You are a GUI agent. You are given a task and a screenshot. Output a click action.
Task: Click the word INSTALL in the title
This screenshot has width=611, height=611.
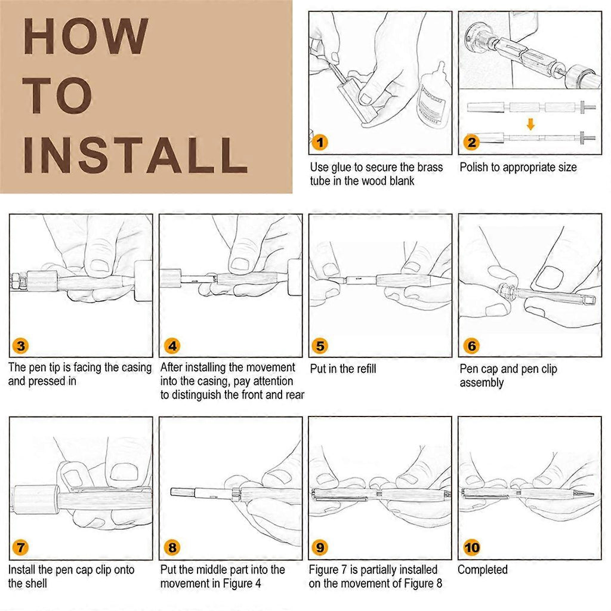coord(135,155)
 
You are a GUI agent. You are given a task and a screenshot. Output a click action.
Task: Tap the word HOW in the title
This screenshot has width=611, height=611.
coord(86,36)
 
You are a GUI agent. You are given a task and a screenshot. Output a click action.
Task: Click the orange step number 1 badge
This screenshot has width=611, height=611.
coord(320,142)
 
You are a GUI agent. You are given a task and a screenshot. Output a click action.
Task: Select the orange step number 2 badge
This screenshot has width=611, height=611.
coord(471,142)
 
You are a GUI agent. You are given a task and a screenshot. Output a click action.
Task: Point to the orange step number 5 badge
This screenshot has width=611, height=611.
coord(320,345)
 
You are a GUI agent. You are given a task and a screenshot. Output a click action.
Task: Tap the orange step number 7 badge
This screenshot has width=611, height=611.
coord(21,548)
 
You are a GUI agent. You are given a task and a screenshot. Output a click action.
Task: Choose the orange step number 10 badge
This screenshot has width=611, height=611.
coord(471,548)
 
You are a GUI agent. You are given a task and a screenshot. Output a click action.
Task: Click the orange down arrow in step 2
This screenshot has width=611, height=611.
coord(530,124)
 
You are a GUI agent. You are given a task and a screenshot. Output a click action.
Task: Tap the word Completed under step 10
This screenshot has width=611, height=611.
coord(482,570)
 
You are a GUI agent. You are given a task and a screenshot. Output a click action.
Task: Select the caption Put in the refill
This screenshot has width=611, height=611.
coord(343,369)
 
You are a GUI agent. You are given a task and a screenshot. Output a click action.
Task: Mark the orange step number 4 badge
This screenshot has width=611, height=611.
coord(172,345)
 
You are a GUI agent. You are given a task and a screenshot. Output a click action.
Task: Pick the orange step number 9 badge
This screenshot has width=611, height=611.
coord(320,548)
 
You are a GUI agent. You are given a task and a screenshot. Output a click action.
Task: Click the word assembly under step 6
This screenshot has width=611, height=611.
coord(482,382)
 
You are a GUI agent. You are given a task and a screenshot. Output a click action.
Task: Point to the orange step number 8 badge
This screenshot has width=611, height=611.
coord(172,548)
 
